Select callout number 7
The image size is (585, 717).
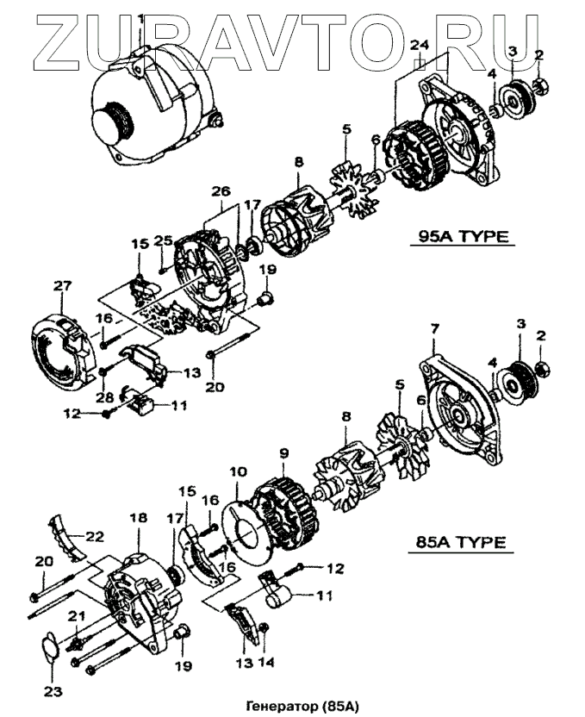pyautogui.click(x=435, y=329)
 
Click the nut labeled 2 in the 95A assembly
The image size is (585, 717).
pyautogui.click(x=543, y=85)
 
